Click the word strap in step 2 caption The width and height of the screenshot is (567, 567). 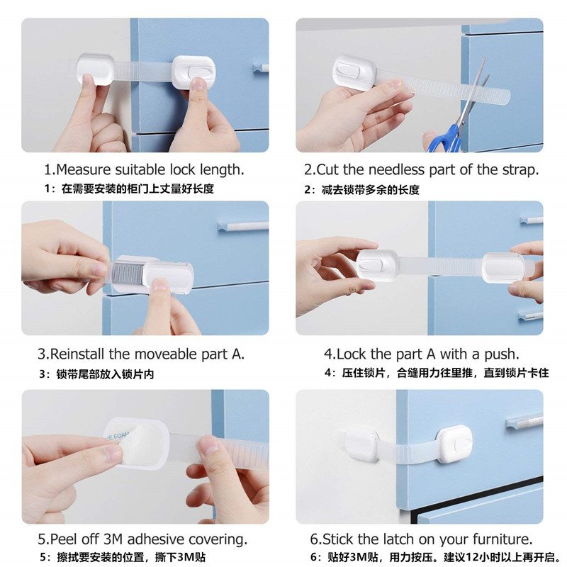tap(521, 170)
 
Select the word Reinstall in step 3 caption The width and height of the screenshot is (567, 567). tap(77, 354)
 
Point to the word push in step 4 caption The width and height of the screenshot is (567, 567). tap(504, 354)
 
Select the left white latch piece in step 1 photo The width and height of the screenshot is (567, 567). tap(94, 68)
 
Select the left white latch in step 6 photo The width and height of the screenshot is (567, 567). tap(361, 444)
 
